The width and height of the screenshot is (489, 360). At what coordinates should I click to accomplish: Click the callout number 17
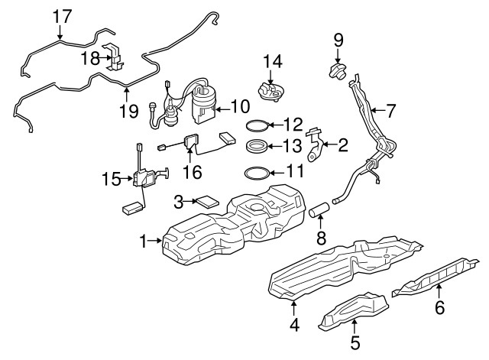[x=63, y=17]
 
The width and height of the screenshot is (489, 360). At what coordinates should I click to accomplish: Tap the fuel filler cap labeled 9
[x=338, y=71]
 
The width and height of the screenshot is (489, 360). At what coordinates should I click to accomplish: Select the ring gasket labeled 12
[x=257, y=125]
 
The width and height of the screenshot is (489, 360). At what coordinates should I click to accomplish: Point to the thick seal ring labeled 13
[x=257, y=146]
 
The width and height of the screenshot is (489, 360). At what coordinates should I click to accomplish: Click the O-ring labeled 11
[x=257, y=174]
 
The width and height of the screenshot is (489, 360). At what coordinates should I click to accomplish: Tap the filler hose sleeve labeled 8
[x=319, y=209]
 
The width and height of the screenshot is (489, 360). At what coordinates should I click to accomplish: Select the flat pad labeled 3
[x=206, y=201]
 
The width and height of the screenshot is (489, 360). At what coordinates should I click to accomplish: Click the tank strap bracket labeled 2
[x=315, y=144]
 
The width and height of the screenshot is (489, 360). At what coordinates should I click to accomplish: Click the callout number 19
[x=129, y=110]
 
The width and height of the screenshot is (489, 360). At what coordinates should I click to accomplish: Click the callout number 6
[x=439, y=307]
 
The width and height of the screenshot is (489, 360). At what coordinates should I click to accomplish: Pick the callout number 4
[x=294, y=324]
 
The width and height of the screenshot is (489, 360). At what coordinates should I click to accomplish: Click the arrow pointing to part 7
[x=378, y=110]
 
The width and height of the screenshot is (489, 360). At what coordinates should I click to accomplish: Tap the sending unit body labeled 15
[x=143, y=178]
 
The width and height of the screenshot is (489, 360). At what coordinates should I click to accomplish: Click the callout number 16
[x=192, y=172]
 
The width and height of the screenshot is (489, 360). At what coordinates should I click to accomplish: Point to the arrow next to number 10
[x=222, y=109]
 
